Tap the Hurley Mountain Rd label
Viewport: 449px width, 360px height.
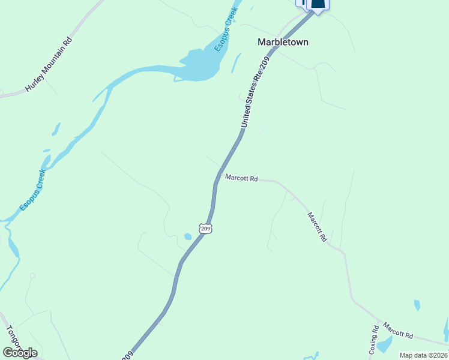pos(49,65)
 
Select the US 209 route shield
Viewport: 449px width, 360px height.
pos(206,229)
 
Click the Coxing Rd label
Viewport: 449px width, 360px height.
pos(374,340)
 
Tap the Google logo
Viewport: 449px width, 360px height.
pos(20,353)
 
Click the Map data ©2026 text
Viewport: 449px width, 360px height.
pos(424,355)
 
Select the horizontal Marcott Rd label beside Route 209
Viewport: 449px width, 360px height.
pos(241,178)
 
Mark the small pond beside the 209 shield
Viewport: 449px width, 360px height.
pos(188,236)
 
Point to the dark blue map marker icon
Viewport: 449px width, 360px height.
pos(318,5)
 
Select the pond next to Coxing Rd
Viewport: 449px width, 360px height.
pos(385,344)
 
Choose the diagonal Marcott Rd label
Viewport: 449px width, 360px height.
pos(317,227)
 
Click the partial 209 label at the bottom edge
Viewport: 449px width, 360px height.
pos(127,356)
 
